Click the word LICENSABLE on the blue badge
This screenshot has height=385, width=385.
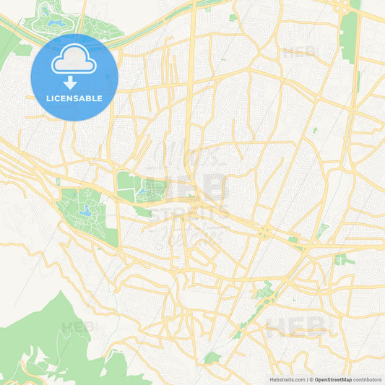click(x=75, y=98)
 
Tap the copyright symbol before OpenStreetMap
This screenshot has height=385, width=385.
click(x=312, y=378)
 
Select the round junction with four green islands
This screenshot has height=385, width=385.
click(x=266, y=233)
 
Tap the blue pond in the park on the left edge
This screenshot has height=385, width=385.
click(x=86, y=212)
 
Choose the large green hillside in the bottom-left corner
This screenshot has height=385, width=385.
click(x=43, y=339)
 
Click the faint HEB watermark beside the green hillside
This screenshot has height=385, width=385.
click(x=76, y=327)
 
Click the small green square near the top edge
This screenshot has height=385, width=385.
click(x=233, y=17)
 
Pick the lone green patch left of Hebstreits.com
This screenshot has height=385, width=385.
click(x=210, y=358)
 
